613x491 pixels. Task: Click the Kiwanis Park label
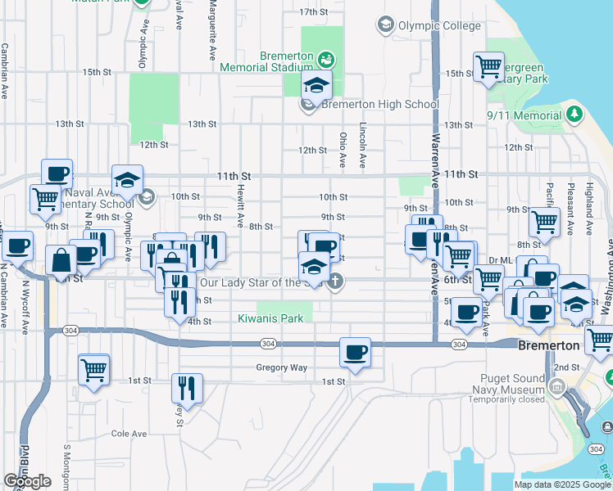263,318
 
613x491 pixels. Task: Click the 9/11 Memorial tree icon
574,113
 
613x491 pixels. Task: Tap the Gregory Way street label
281,367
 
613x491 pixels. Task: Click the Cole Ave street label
129,433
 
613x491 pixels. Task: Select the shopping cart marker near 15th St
489,65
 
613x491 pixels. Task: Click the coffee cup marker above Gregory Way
355,353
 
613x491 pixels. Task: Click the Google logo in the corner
27,481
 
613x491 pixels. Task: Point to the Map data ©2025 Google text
563,484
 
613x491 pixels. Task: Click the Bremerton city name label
548,346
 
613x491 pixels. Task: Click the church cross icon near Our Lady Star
334,282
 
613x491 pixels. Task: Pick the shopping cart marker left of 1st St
94,369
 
